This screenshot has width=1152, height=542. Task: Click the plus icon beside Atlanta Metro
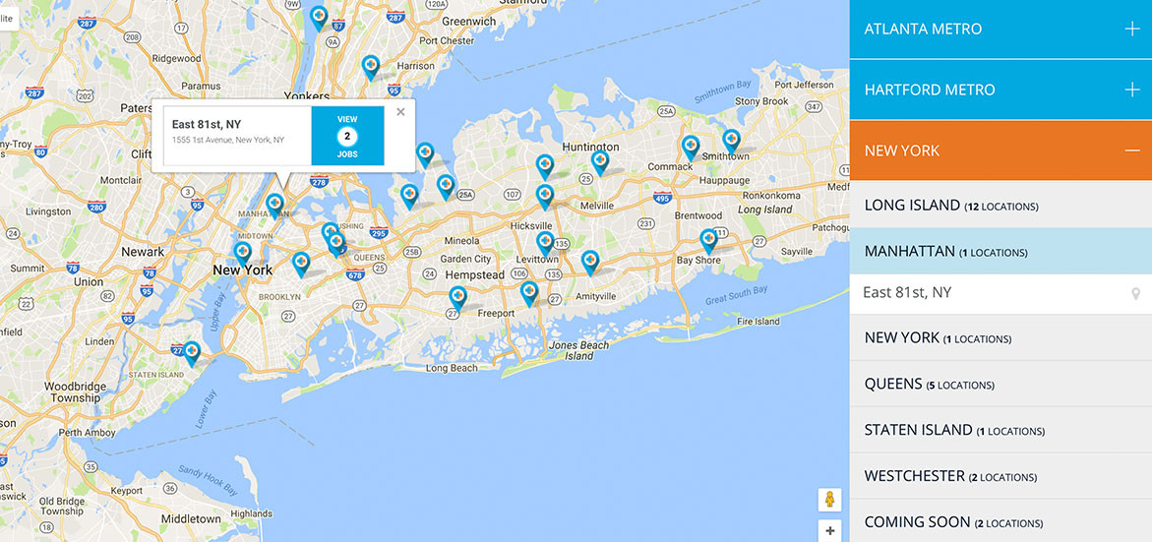pyautogui.click(x=1132, y=30)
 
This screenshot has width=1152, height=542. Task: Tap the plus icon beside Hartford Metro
pyautogui.click(x=1132, y=90)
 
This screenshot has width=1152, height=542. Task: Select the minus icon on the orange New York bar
pyautogui.click(x=1132, y=151)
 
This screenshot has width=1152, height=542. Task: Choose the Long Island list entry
pyautogui.click(x=950, y=206)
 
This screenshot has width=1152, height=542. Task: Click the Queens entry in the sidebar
pyautogui.click(x=929, y=384)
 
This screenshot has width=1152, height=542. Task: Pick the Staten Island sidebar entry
pyautogui.click(x=953, y=430)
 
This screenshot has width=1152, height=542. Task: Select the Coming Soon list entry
pyautogui.click(x=952, y=522)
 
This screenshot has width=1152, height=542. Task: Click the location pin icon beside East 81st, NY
pyautogui.click(x=1135, y=293)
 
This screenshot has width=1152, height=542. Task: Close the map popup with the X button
pyautogui.click(x=400, y=112)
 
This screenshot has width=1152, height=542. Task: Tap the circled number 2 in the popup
pyautogui.click(x=347, y=136)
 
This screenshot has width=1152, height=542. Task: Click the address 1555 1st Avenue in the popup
pyautogui.click(x=228, y=140)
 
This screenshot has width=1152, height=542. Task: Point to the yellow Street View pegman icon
pyautogui.click(x=829, y=500)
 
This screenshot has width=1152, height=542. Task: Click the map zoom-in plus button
pyautogui.click(x=829, y=531)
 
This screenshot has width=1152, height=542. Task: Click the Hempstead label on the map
pyautogui.click(x=474, y=274)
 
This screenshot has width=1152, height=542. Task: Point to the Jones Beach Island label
pyautogui.click(x=578, y=350)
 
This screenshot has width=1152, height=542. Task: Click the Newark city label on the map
pyautogui.click(x=143, y=252)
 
